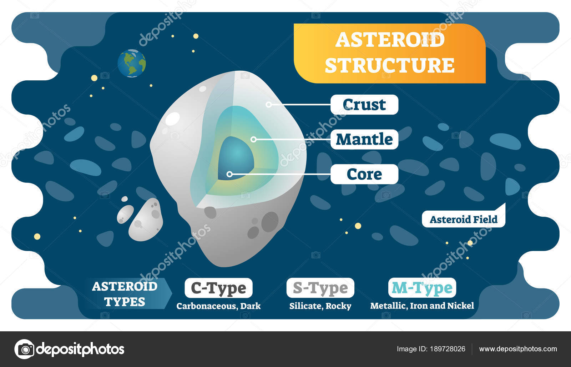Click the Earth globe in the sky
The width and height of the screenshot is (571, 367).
click(132, 63)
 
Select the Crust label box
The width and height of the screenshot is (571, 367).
click(364, 105)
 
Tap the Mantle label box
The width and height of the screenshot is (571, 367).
click(364, 139)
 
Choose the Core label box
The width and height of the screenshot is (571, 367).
click(364, 174)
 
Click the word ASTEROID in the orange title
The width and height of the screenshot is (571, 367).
click(390, 40)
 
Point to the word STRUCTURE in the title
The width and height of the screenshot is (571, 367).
click(390, 65)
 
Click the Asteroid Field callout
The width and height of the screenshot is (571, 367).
click(463, 219)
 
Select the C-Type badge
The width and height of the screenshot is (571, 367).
click(218, 288)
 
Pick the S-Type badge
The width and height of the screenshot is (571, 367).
click(320, 288)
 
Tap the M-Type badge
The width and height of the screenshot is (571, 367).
click(422, 288)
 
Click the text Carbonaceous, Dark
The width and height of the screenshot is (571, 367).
click(218, 306)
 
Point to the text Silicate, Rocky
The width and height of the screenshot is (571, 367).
click(320, 306)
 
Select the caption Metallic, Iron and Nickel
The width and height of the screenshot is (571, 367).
click(422, 306)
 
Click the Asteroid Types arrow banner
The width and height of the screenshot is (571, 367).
click(127, 293)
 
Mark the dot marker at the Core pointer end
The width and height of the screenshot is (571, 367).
click(229, 174)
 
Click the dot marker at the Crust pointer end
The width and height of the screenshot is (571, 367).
click(268, 105)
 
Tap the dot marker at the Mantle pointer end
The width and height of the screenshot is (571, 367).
click(253, 139)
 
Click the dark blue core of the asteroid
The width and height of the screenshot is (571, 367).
click(236, 155)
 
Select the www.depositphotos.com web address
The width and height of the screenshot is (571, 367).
click(518, 349)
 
